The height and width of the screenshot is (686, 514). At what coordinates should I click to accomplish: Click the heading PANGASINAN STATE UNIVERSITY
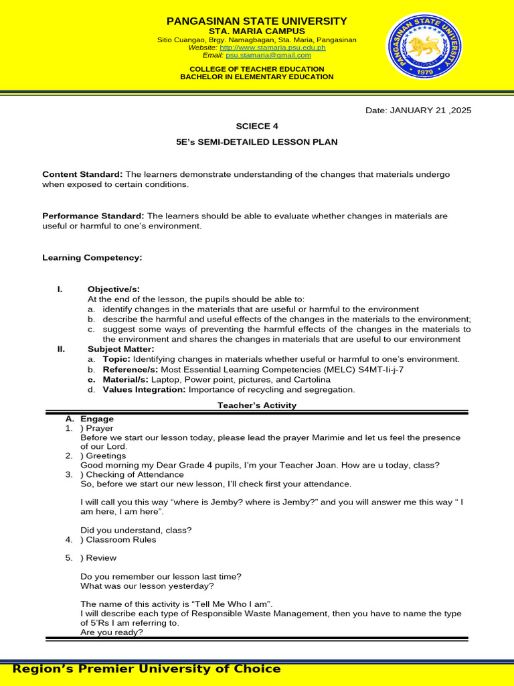click(x=257, y=21)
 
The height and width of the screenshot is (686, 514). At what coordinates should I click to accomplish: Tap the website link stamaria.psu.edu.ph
click(x=272, y=48)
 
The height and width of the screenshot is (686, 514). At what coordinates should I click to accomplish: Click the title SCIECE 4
click(x=256, y=126)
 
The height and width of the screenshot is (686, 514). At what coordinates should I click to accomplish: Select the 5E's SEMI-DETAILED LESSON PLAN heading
click(x=256, y=142)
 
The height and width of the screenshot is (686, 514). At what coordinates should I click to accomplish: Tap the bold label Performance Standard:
click(x=93, y=216)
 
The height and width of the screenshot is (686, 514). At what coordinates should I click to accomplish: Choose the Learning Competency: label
click(x=92, y=257)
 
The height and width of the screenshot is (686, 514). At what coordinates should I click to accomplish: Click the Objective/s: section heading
click(x=113, y=289)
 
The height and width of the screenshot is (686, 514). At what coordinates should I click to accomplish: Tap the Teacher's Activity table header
click(x=257, y=405)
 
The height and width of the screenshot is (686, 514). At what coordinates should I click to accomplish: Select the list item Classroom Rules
click(x=118, y=539)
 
